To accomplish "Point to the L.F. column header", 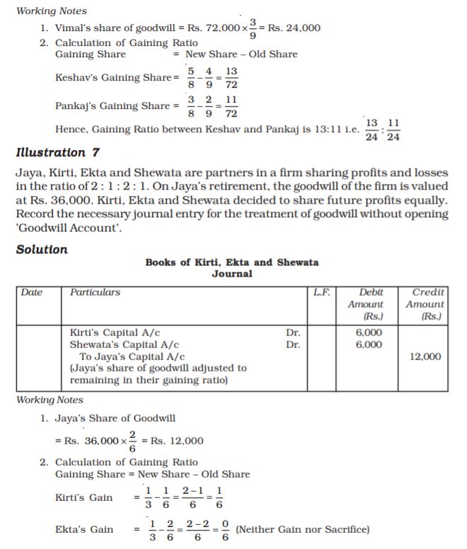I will [x=322, y=292].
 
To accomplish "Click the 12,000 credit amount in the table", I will [x=425, y=357].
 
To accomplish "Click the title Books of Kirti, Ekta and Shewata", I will [x=231, y=262].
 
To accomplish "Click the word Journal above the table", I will [x=231, y=274].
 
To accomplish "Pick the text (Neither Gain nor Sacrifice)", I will [x=303, y=529].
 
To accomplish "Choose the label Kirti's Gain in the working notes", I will [x=83, y=497].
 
